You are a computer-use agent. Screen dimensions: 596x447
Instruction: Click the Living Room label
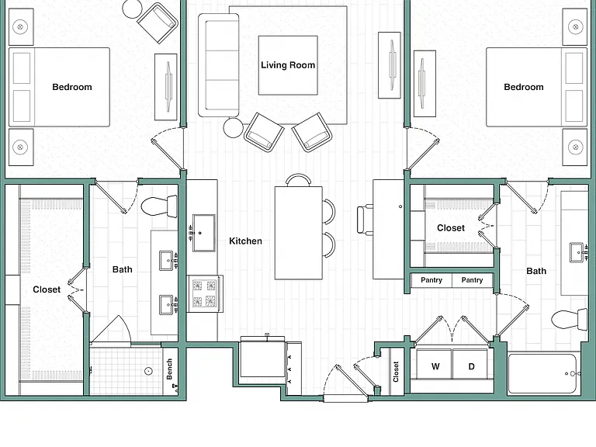click(x=288, y=65)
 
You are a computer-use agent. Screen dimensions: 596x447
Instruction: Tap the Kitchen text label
click(x=245, y=241)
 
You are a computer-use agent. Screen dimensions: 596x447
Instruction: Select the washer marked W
click(x=434, y=364)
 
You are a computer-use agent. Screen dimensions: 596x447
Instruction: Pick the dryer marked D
click(x=470, y=364)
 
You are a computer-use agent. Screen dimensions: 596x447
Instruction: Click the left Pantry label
click(x=431, y=280)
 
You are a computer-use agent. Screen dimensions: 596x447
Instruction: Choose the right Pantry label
click(x=472, y=280)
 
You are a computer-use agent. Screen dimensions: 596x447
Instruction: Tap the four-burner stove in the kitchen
click(x=205, y=293)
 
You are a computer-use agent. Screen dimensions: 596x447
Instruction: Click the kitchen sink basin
click(x=204, y=233)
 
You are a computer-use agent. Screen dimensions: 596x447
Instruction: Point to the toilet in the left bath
click(x=159, y=206)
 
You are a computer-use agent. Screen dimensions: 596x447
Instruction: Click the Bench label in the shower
click(x=169, y=369)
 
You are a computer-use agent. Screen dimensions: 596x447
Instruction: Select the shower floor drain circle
click(x=149, y=371)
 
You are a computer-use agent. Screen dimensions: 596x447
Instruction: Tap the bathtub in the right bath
click(x=542, y=374)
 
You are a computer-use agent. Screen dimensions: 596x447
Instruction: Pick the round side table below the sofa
click(x=233, y=128)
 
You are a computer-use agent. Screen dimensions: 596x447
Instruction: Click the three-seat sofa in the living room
click(x=219, y=65)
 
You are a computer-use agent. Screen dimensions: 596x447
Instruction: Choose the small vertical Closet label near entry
click(x=396, y=372)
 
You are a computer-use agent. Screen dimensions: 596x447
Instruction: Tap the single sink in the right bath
click(x=577, y=252)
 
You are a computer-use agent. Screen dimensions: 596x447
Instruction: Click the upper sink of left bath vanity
click(x=166, y=261)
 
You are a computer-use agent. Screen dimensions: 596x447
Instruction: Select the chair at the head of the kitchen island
click(x=298, y=180)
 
